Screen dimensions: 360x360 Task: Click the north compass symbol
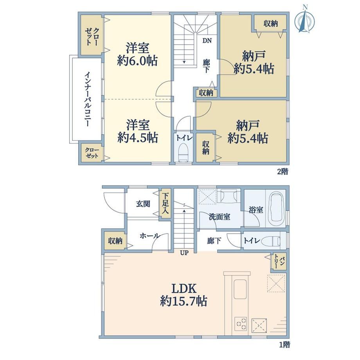coord(305,19)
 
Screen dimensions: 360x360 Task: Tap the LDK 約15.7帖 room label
coord(184,295)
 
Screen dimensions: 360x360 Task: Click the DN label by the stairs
coord(207,41)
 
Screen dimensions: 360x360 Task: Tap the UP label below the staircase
coord(184,253)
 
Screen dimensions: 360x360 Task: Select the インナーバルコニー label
coord(88,99)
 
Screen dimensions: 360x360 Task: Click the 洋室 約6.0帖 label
coord(137,54)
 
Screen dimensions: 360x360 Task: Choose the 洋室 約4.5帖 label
coord(137,131)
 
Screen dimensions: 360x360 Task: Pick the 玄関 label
coord(143,203)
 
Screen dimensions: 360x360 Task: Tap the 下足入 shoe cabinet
coord(165,203)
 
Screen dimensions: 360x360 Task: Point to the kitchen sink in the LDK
coord(240,289)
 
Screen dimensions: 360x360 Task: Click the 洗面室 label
coord(220,217)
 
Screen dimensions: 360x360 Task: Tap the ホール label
coord(150,236)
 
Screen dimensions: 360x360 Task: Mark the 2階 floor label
coord(283,171)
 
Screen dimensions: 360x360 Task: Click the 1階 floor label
coord(284,345)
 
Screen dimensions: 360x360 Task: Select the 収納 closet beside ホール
coord(115,241)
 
